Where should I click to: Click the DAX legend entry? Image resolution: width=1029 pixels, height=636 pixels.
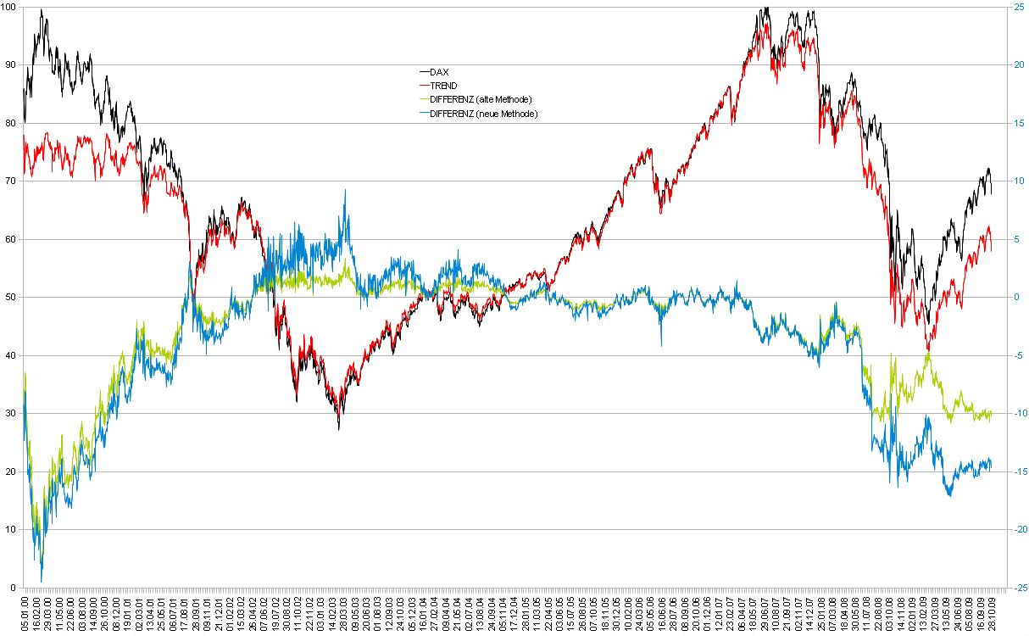[x=439, y=72]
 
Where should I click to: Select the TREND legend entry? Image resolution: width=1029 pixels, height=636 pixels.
[x=443, y=86]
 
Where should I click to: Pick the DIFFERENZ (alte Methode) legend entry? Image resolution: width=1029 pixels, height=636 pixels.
[x=480, y=99]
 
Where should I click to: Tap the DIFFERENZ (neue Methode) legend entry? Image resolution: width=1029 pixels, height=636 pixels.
[x=483, y=113]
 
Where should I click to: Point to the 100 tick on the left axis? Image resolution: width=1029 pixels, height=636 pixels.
[x=10, y=7]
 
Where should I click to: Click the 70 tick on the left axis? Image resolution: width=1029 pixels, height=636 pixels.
[x=10, y=181]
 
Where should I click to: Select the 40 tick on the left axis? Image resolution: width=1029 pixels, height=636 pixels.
[x=10, y=355]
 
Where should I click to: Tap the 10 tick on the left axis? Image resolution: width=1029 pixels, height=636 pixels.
[x=10, y=529]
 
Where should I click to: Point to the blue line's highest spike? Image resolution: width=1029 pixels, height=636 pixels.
[x=345, y=190]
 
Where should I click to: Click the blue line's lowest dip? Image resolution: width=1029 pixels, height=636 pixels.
[x=42, y=582]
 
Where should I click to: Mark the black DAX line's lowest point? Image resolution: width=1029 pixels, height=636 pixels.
[x=338, y=429]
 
